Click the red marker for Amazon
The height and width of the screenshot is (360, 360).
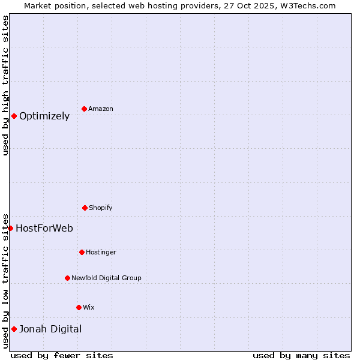click(85, 109)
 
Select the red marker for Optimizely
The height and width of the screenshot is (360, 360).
click(14, 116)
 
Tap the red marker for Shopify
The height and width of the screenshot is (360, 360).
click(85, 208)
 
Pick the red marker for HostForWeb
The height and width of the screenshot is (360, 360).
click(10, 228)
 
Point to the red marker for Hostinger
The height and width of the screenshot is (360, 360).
click(82, 252)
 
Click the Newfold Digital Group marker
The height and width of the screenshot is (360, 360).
click(67, 278)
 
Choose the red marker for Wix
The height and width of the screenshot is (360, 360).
click(79, 307)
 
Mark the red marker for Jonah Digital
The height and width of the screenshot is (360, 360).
click(14, 329)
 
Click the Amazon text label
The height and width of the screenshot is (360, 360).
click(101, 109)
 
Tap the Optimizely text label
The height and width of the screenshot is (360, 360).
click(44, 116)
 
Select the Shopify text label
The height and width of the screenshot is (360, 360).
click(101, 208)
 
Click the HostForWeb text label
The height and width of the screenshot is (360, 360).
click(44, 228)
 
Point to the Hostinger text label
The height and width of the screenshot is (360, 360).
click(101, 252)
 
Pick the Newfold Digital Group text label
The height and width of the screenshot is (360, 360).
click(106, 278)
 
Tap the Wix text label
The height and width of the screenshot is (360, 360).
click(89, 307)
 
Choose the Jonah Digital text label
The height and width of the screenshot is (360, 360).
click(50, 329)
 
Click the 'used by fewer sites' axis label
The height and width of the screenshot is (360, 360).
click(62, 355)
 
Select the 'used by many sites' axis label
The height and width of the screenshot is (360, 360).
click(301, 355)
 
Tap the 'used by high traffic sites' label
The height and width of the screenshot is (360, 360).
click(5, 85)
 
